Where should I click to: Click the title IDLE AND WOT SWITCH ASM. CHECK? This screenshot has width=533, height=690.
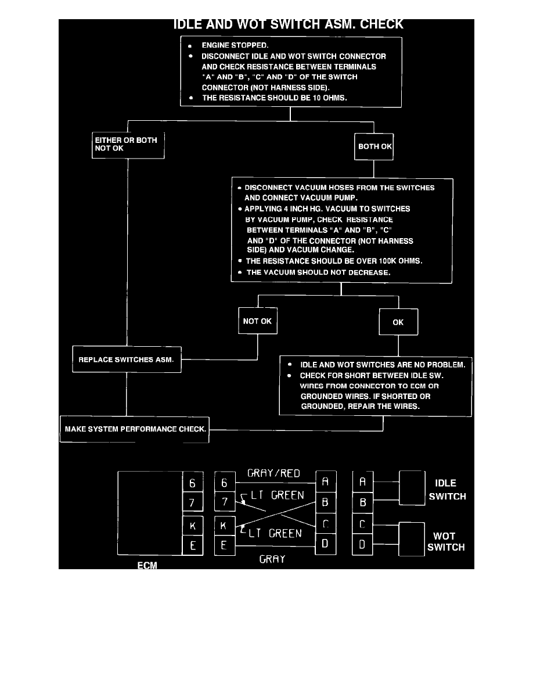289,24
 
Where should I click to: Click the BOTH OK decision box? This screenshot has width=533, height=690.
374,146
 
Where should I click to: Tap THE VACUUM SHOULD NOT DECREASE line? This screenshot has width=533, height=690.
318,272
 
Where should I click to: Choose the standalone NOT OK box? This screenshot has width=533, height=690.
258,321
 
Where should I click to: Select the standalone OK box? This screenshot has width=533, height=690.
398,322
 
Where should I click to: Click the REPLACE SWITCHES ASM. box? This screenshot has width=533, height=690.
127,360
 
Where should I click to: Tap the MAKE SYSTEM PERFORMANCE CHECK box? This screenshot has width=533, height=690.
135,429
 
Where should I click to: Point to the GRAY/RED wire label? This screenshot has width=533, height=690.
273,473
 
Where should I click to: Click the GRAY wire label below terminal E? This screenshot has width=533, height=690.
272,560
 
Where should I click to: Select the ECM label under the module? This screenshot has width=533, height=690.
147,565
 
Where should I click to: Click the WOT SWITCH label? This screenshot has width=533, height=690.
446,541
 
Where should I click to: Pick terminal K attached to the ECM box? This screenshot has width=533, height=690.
193,526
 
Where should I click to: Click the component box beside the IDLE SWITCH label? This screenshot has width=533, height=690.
412,487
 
